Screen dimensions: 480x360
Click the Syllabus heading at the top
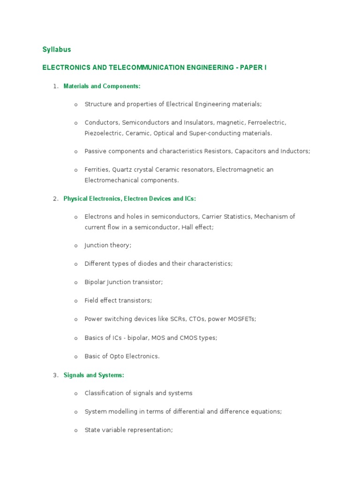click(57, 49)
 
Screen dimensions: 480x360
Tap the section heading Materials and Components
click(102, 86)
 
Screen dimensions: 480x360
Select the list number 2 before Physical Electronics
click(55, 199)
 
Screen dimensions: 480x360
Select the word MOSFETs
click(241, 319)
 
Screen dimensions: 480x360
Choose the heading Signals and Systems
click(94, 375)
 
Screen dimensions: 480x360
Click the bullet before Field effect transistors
click(75, 301)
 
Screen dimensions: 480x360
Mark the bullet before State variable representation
click(75, 430)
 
